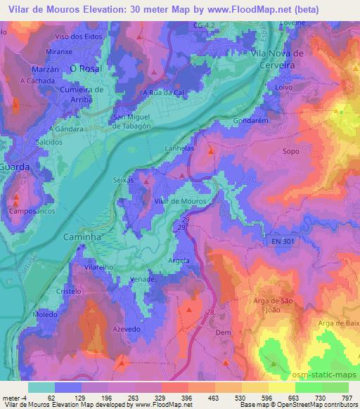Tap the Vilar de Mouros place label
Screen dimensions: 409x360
[x=180, y=201]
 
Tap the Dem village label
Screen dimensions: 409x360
[x=224, y=332]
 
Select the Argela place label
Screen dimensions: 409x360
[x=180, y=261]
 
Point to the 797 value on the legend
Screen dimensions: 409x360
[x=346, y=396]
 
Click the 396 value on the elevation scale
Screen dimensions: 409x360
[x=187, y=396]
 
